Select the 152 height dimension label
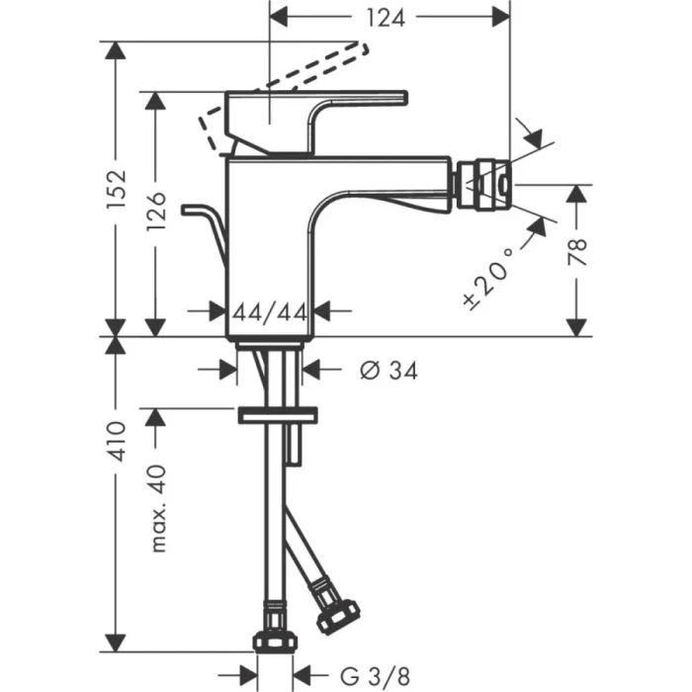[x=117, y=188]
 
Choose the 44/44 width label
[x=270, y=311]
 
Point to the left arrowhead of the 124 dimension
[x=281, y=16]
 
